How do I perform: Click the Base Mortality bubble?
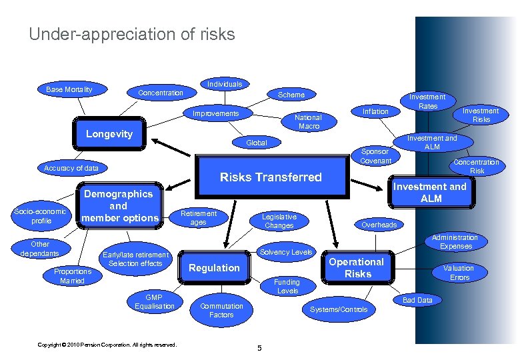pyautogui.click(x=69, y=90)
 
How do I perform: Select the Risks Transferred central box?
pyautogui.click(x=271, y=177)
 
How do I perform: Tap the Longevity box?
pyautogui.click(x=109, y=134)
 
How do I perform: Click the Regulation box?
pyautogui.click(x=214, y=268)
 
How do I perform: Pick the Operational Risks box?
pyautogui.click(x=357, y=268)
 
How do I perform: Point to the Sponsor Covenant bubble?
pyautogui.click(x=375, y=157)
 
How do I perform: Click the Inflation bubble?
pyautogui.click(x=375, y=111)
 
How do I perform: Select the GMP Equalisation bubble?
pyautogui.click(x=155, y=302)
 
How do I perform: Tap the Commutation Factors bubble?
pyautogui.click(x=221, y=311)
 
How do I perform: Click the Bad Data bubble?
pyautogui.click(x=418, y=301)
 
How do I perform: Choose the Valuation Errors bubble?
pyautogui.click(x=459, y=273)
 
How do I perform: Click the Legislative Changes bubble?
pyautogui.click(x=279, y=221)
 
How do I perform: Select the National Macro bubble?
pyautogui.click(x=309, y=121)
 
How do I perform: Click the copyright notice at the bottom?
pyautogui.click(x=107, y=345)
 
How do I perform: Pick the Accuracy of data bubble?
pyautogui.click(x=71, y=168)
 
